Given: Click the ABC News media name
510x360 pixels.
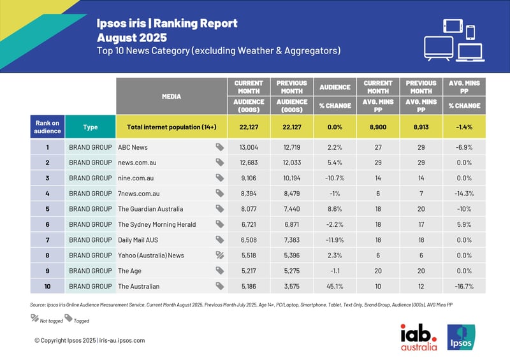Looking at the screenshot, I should pyautogui.click(x=133, y=147).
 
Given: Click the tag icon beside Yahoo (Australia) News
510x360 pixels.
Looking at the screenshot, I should pyautogui.click(x=219, y=255).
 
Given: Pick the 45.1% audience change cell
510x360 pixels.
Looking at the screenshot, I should pyautogui.click(x=334, y=287).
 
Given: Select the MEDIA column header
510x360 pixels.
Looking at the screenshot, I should pyautogui.click(x=171, y=97).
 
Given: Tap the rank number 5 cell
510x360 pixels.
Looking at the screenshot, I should pyautogui.click(x=47, y=208).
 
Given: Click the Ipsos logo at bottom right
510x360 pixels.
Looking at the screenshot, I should pyautogui.click(x=460, y=337).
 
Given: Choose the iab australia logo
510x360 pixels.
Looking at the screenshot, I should pyautogui.click(x=418, y=337).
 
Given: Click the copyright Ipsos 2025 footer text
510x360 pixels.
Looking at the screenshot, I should pyautogui.click(x=89, y=340).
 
